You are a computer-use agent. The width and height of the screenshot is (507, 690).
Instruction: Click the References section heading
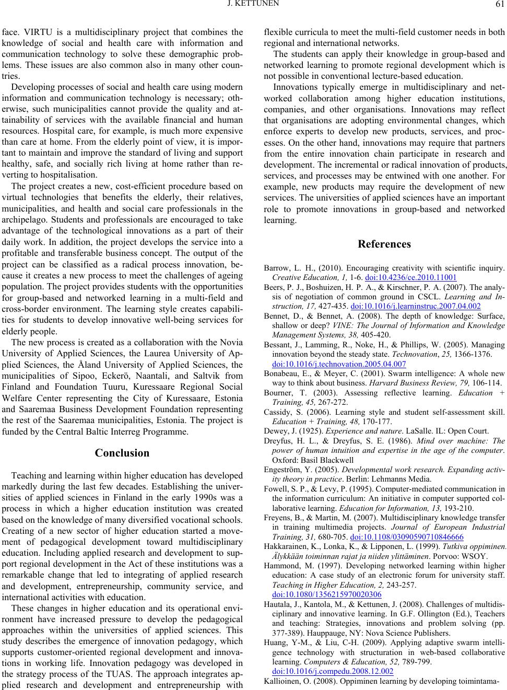click(384, 244)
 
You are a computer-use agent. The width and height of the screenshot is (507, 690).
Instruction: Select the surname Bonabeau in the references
click(283, 374)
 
